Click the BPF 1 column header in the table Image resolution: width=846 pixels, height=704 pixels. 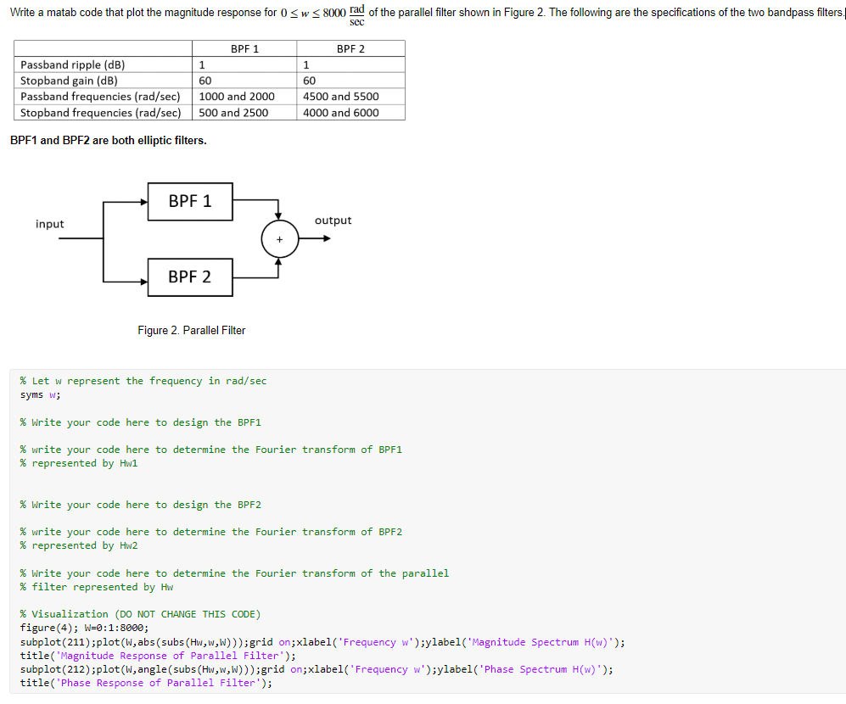tap(244, 49)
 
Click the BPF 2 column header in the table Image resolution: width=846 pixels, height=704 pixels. tap(350, 49)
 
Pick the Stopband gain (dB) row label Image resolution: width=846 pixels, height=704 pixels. tap(69, 81)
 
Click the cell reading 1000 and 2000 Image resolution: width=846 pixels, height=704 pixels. tap(237, 97)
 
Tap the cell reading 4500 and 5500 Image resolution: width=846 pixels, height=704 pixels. tap(341, 97)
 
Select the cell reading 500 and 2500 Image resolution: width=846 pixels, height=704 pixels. tap(233, 113)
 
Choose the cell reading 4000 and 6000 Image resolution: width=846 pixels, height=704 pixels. tap(341, 113)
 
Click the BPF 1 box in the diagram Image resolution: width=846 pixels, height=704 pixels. tap(190, 201)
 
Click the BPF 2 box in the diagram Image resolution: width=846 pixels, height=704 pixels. tap(190, 277)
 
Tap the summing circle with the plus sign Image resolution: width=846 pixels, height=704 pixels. tap(279, 238)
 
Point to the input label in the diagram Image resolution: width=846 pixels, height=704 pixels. tap(50, 224)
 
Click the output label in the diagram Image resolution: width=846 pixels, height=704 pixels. tap(333, 221)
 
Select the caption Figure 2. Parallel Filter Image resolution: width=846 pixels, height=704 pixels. tap(191, 330)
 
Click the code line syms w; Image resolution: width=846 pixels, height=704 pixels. tap(40, 394)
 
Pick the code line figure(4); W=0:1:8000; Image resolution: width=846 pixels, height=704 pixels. tap(84, 628)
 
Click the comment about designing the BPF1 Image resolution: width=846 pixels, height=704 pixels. tap(140, 422)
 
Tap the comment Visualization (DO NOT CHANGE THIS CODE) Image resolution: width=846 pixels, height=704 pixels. tap(140, 614)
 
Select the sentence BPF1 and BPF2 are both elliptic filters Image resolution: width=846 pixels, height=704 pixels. tap(108, 140)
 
